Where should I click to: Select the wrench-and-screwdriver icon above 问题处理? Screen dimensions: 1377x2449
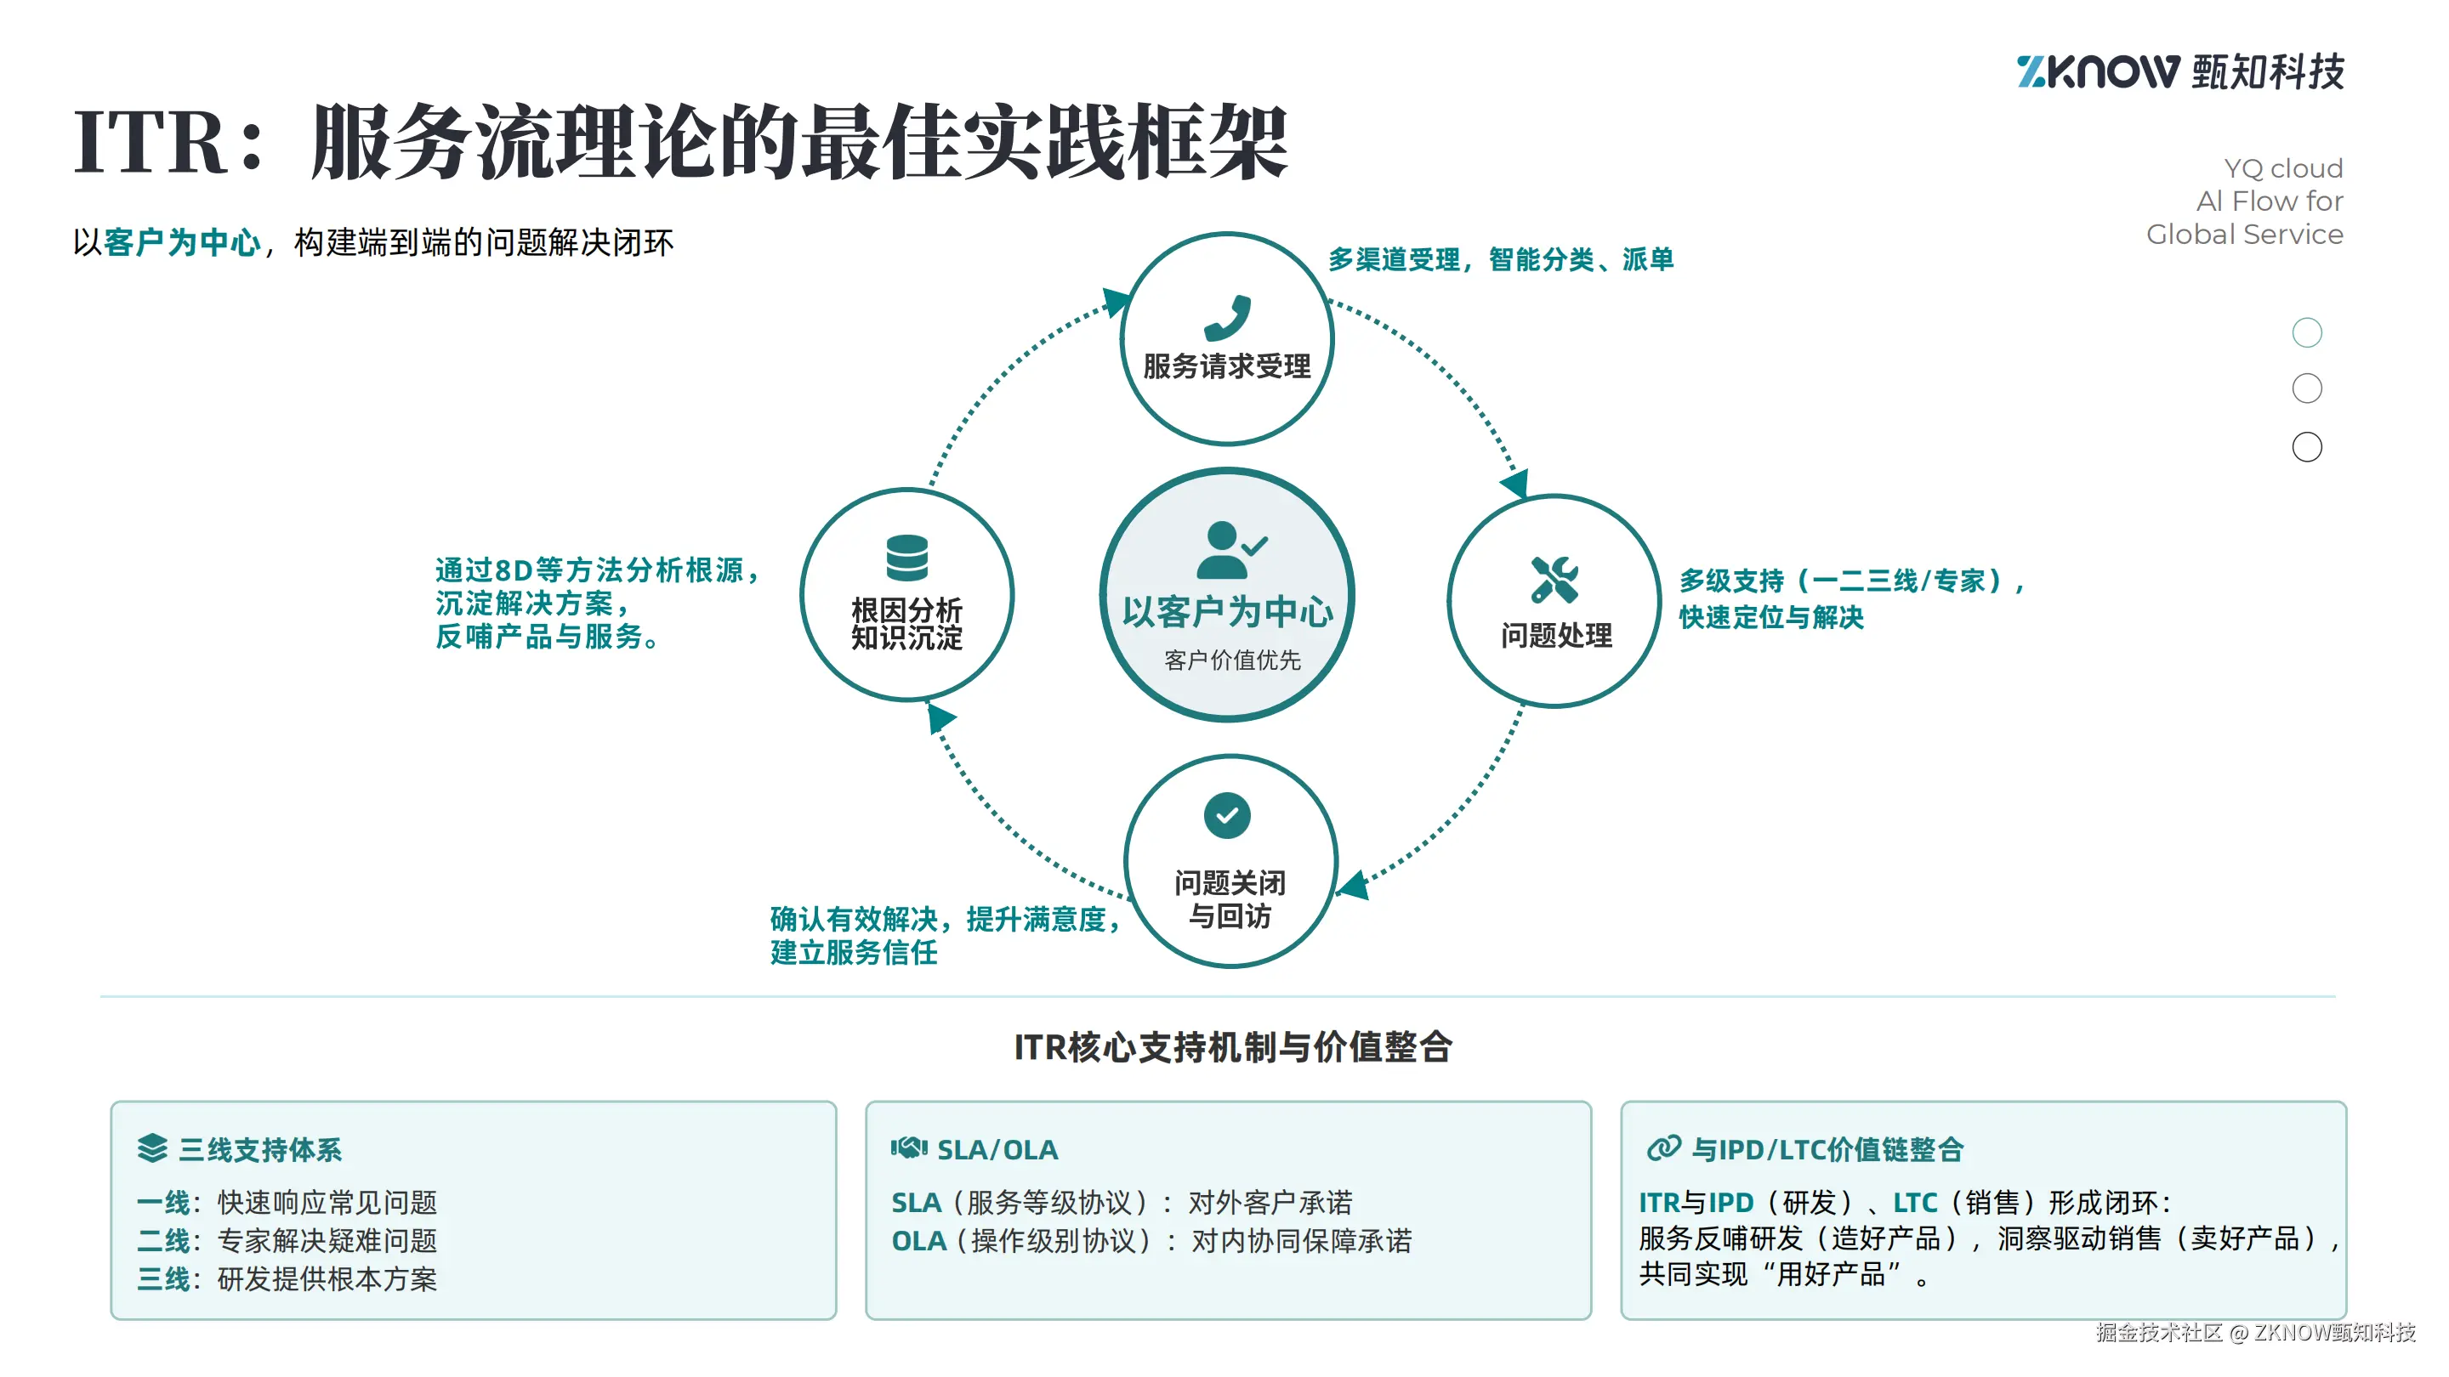1554,580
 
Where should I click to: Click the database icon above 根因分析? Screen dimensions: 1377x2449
907,558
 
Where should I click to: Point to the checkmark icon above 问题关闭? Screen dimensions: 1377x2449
1227,815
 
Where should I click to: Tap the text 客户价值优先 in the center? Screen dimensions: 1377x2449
1232,660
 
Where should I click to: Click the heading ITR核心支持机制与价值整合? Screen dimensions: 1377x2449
1233,1047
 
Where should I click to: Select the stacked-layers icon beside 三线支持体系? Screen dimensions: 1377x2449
152,1148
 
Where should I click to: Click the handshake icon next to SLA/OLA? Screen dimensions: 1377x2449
908,1148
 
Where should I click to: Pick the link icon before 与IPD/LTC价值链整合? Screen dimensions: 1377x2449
1664,1148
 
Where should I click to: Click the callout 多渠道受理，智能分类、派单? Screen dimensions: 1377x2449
1500,259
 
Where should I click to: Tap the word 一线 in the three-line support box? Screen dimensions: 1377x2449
162,1202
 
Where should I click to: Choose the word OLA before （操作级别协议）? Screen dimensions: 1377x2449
918,1241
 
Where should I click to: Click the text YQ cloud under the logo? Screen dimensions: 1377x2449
2282,168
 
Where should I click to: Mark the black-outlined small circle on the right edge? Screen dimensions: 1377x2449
2306,446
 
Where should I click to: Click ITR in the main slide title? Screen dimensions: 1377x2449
152,143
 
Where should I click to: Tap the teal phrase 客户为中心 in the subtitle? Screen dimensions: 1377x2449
182,243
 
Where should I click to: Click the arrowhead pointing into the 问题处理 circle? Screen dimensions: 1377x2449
1517,483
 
